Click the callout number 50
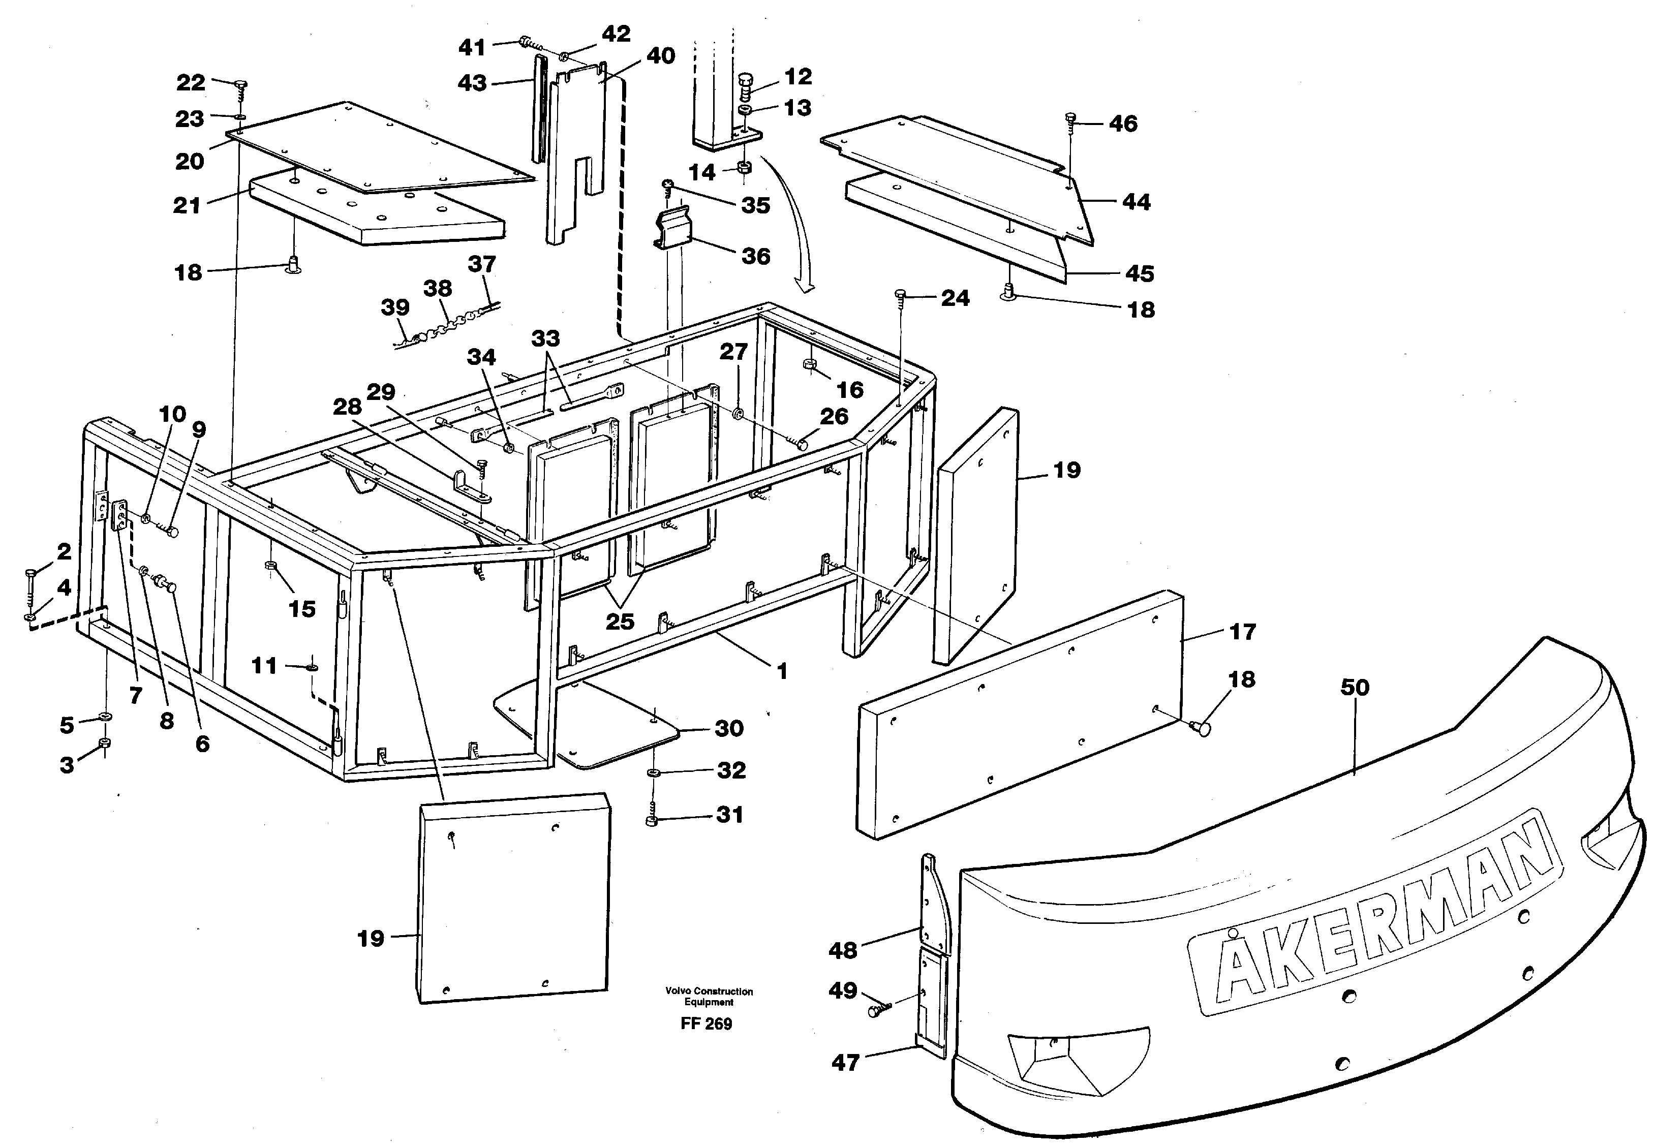click(x=1355, y=688)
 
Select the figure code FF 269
click(x=706, y=1024)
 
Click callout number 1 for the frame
click(x=782, y=671)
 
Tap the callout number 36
click(x=755, y=257)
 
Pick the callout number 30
click(x=728, y=729)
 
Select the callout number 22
click(x=191, y=83)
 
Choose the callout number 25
click(x=620, y=621)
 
